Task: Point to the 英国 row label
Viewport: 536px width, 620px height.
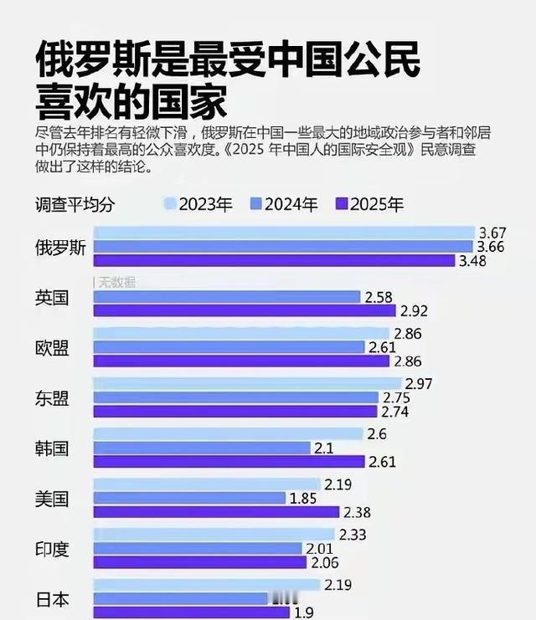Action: click(x=52, y=298)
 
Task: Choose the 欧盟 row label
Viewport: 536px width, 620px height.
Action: click(x=52, y=348)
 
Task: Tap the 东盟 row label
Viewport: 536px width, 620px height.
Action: click(x=52, y=398)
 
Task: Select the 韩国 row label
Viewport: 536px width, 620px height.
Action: click(x=52, y=448)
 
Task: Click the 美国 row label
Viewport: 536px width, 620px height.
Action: click(x=52, y=500)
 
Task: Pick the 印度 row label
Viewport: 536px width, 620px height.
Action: click(x=52, y=549)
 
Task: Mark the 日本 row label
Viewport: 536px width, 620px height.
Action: click(x=52, y=599)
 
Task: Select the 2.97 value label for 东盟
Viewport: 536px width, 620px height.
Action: click(x=420, y=383)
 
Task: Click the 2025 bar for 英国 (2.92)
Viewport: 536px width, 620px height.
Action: click(x=244, y=311)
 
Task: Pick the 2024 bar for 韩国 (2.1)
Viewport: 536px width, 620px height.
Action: click(x=202, y=448)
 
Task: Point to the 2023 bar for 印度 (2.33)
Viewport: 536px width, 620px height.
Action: click(x=214, y=534)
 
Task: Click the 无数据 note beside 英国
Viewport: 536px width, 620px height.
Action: click(x=117, y=282)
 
